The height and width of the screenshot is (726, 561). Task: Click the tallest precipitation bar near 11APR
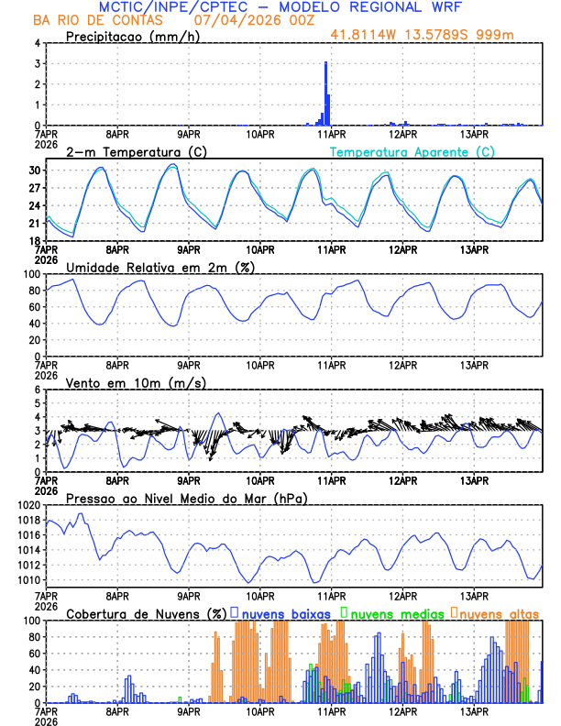point(326,92)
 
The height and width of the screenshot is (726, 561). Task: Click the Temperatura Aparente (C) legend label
point(412,151)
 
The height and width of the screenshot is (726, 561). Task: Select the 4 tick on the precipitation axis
point(37,43)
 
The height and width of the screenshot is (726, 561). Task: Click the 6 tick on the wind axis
point(37,390)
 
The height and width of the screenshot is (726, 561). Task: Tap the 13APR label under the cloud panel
point(474,711)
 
